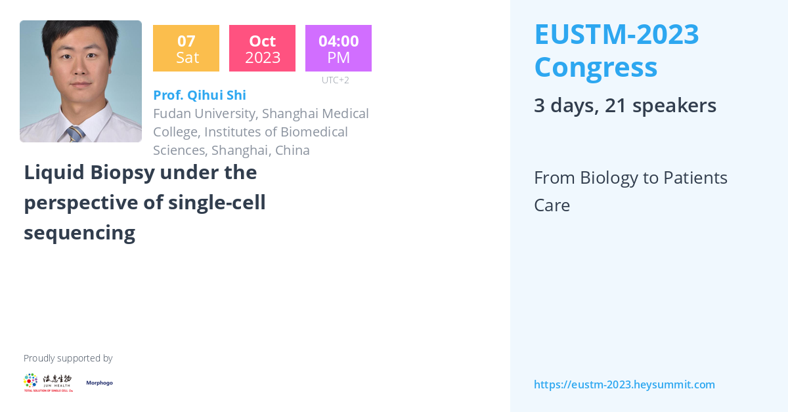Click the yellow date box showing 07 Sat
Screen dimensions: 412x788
(186, 49)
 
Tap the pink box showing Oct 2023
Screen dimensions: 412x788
(262, 49)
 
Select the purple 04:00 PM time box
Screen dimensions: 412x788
(338, 49)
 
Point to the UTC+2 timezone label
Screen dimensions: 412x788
(335, 80)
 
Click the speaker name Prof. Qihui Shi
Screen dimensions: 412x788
(200, 95)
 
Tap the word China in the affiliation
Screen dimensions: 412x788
(292, 150)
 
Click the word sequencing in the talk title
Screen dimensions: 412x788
(79, 232)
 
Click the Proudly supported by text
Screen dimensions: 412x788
(68, 358)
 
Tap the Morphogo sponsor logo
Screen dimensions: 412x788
(99, 382)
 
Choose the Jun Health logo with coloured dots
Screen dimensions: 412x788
(48, 382)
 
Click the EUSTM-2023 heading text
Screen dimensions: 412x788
(616, 34)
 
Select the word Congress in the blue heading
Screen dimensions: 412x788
(595, 67)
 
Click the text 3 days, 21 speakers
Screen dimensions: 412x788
(624, 105)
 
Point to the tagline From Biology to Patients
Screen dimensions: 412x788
(630, 178)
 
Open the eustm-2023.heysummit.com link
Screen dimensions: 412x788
(624, 384)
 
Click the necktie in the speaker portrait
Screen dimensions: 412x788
(74, 134)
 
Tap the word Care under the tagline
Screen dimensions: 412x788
(552, 205)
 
